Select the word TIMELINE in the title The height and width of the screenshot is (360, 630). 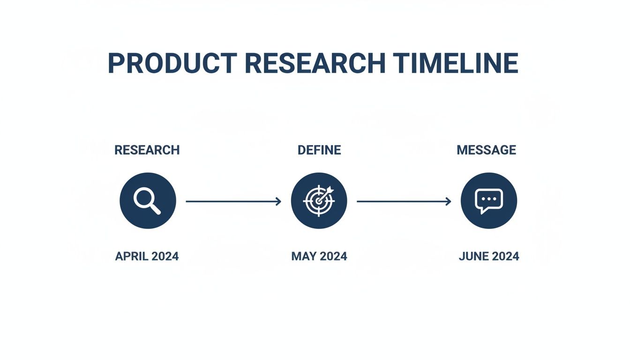pos(456,63)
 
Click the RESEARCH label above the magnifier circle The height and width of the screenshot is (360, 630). pos(147,150)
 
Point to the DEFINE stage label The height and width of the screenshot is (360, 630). pos(319,150)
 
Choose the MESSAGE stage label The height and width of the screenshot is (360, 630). pos(487,150)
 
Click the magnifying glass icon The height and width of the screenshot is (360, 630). pos(148,201)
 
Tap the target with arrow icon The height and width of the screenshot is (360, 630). pos(319,201)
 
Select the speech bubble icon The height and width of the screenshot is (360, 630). pos(489,201)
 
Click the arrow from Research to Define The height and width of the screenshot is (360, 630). pos(233,202)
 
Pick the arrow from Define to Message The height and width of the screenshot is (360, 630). pos(404,202)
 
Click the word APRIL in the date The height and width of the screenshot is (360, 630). pos(132,256)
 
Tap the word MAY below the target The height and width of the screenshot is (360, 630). pos(304,256)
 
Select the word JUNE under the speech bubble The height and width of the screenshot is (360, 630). pos(473,256)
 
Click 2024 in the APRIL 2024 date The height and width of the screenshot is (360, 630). pos(165,256)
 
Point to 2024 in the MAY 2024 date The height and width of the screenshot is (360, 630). pos(333,256)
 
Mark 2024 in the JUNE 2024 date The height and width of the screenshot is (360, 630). pos(505,256)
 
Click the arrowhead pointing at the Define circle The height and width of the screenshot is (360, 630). pos(278,202)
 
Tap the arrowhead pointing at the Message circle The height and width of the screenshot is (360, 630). pos(449,202)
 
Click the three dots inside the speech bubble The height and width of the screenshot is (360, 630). pos(489,199)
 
